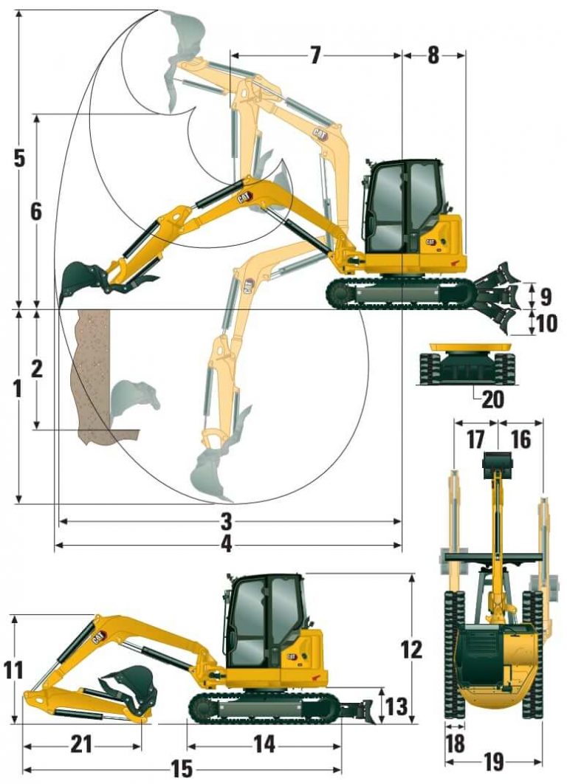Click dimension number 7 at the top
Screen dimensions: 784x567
[x=315, y=55]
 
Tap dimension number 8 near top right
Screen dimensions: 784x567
[x=433, y=55]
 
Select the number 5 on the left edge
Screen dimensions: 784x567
[x=19, y=158]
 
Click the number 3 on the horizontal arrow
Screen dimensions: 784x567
[x=227, y=521]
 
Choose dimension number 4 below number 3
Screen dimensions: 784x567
[x=227, y=545]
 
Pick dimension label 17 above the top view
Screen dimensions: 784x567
[x=475, y=440]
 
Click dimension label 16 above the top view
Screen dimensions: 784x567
[x=520, y=440]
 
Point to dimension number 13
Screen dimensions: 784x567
[x=396, y=706]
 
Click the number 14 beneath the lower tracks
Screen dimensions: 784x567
[x=264, y=745]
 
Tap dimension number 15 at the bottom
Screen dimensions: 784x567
[x=182, y=769]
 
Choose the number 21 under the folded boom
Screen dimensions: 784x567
[x=81, y=745]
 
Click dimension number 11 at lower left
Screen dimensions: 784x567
[x=14, y=670]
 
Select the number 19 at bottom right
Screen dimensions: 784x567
[x=495, y=760]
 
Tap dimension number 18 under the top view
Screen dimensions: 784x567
[x=456, y=743]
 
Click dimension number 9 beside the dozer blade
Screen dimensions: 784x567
[x=545, y=297]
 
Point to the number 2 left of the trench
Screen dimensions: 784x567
[x=35, y=368]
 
